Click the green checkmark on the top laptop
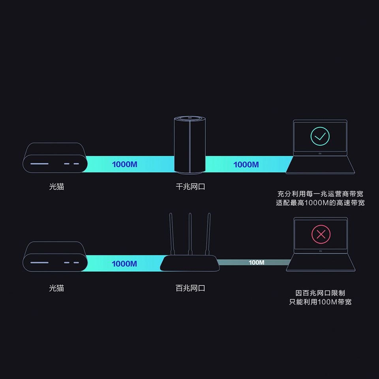pos(320,137)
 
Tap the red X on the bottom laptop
pos(321,234)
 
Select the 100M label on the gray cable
pos(256,263)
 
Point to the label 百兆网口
pos(190,288)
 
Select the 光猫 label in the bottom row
pos(56,288)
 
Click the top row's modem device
pos(54,158)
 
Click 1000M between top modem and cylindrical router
pos(124,164)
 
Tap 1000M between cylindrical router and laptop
pos(246,164)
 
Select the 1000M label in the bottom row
pos(124,264)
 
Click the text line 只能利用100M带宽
pos(320,302)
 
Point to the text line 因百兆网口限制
pos(320,293)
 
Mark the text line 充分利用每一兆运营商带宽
pos(320,194)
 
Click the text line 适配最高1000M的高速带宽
pos(320,203)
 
